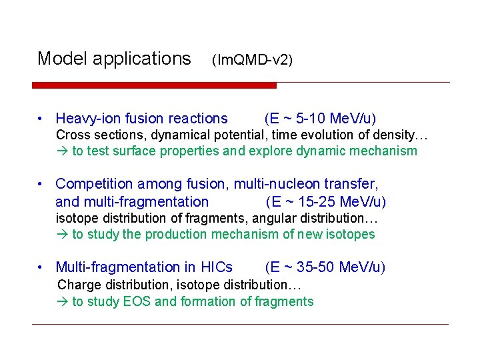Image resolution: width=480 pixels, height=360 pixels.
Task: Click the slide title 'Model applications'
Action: [x=114, y=59]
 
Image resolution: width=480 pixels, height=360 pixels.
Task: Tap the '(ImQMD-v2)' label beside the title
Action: [x=252, y=60]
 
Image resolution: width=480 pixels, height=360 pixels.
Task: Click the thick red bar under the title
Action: [x=154, y=85]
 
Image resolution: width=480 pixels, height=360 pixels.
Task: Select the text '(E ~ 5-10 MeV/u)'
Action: [x=320, y=119]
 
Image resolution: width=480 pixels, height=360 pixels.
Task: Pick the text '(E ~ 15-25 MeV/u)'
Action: [x=326, y=201]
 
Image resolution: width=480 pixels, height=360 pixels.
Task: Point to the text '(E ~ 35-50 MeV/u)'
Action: [x=325, y=267]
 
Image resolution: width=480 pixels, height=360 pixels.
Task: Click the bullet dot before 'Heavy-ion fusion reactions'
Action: [x=41, y=119]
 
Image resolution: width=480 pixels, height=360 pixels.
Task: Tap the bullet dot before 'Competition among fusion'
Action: [x=41, y=184]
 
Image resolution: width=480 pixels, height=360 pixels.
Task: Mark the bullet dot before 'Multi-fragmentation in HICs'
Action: [x=41, y=268]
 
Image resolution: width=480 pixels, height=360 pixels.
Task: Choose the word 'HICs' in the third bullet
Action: [x=217, y=267]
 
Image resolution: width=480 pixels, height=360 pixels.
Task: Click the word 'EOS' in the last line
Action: [x=137, y=301]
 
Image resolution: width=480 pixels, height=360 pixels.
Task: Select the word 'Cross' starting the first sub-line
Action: [x=71, y=135]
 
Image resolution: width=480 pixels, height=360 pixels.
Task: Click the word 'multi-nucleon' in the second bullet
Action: [x=289, y=183]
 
